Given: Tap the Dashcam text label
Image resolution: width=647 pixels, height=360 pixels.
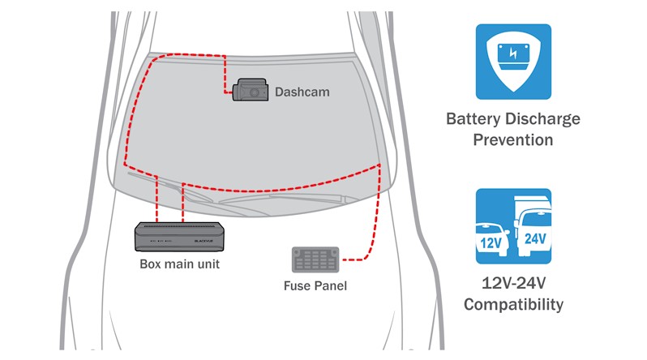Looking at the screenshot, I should point(302,92).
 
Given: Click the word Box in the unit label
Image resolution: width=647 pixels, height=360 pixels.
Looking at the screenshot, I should point(151,264).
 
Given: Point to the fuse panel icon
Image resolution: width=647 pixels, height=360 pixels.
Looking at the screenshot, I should point(315,260).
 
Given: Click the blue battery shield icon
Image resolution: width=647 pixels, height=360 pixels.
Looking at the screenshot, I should point(512,62).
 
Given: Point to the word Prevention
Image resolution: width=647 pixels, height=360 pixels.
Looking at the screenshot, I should point(512,139).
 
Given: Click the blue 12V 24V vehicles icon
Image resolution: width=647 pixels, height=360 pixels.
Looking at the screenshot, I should point(512,226).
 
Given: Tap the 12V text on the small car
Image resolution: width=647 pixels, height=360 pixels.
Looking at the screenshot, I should point(490,242).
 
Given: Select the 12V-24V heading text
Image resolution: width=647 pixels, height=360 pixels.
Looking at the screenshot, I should point(512,285).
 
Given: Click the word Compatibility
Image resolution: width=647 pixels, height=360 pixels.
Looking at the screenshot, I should point(512,305).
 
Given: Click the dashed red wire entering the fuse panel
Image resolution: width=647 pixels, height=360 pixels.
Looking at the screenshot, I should point(357,259).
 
